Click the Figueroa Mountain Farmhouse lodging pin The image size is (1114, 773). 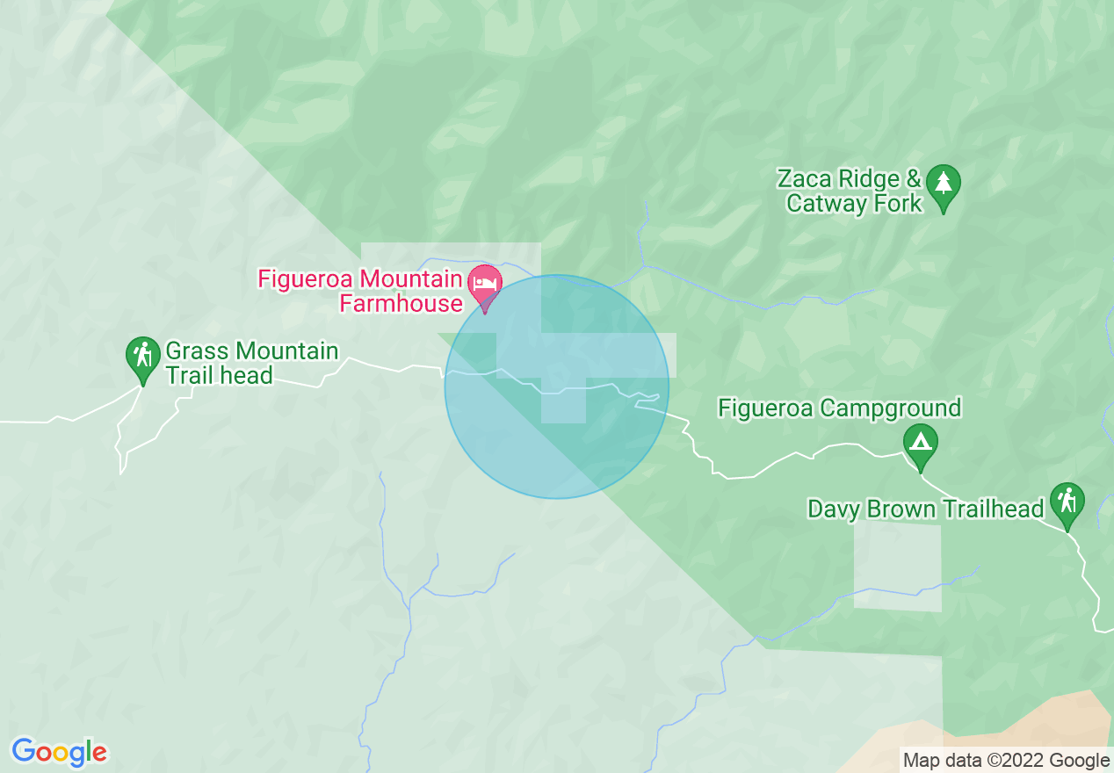(484, 284)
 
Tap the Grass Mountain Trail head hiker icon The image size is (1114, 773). (141, 356)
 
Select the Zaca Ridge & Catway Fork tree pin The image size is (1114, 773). (944, 184)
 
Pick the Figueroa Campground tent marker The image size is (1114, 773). (920, 439)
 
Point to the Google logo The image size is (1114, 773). (59, 752)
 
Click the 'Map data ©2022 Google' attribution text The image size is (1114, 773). (1007, 761)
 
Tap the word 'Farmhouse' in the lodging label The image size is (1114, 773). (401, 304)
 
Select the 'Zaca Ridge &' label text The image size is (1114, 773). (849, 180)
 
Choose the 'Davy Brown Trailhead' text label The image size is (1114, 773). (925, 509)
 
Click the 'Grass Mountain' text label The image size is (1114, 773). (251, 351)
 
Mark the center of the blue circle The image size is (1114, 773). (556, 386)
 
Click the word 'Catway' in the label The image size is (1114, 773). (825, 204)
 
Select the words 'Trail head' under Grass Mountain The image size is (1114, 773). (219, 376)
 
